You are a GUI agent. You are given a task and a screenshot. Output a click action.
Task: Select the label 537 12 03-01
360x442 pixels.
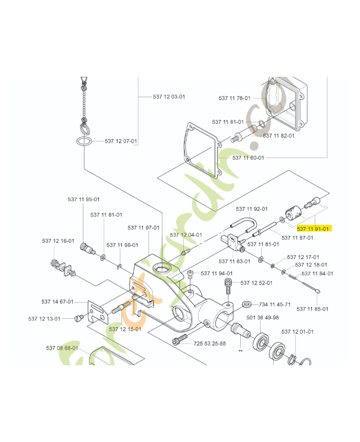pyautogui.click(x=169, y=97)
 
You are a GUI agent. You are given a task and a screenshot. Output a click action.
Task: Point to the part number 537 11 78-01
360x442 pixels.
pyautogui.click(x=234, y=98)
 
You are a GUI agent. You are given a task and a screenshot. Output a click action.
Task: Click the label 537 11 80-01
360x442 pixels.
pyautogui.click(x=248, y=157)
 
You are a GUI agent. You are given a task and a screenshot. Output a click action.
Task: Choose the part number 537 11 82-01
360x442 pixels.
pyautogui.click(x=278, y=135)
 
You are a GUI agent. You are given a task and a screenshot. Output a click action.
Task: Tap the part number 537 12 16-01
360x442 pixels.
pyautogui.click(x=58, y=241)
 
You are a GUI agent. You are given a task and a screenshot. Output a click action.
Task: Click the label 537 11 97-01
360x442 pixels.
pyautogui.click(x=143, y=228)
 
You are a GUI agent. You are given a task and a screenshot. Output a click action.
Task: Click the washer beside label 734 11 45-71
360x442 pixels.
pyautogui.click(x=247, y=304)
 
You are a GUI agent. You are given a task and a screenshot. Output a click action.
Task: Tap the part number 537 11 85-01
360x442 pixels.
pyautogui.click(x=313, y=308)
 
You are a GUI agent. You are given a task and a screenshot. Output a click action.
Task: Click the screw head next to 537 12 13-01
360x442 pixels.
pyautogui.click(x=78, y=318)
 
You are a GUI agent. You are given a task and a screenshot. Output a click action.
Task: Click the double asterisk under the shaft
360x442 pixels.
pyautogui.click(x=240, y=350)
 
